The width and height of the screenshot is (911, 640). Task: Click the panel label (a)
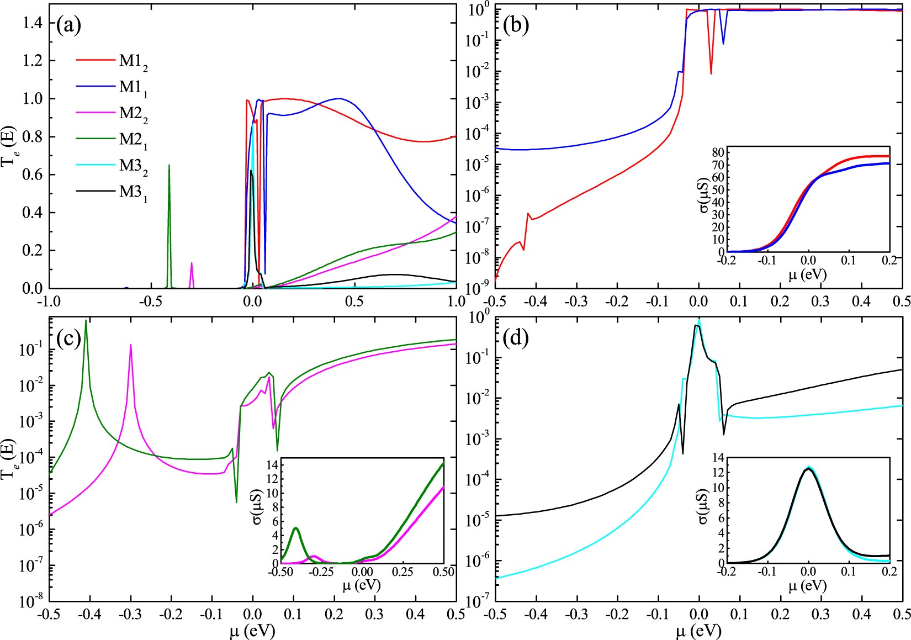tap(69, 25)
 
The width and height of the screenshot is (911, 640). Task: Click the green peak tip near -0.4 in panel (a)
tap(169, 165)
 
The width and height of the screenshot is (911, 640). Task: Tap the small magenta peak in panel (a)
tap(192, 263)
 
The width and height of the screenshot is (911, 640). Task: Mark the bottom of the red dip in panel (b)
tap(711, 73)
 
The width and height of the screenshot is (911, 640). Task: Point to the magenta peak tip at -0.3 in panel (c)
tap(131, 345)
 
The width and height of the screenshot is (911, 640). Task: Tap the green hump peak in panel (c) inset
tap(296, 528)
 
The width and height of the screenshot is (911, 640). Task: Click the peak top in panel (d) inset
tap(809, 468)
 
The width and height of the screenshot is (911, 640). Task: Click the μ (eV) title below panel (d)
tap(698, 630)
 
